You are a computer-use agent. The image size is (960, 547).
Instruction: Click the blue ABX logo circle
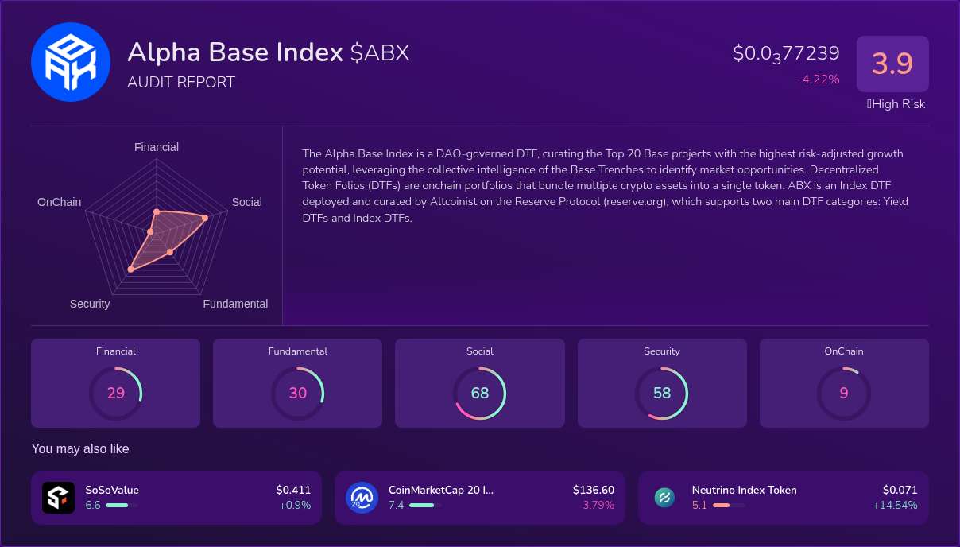(70, 62)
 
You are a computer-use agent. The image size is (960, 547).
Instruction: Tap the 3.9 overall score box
(892, 64)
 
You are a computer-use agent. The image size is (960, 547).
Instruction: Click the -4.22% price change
(818, 79)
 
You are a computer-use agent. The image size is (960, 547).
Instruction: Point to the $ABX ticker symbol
(380, 52)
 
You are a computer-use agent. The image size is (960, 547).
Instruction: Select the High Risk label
(896, 104)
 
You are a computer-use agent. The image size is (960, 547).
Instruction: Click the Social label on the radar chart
(246, 202)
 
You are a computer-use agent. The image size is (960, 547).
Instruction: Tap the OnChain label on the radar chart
(59, 202)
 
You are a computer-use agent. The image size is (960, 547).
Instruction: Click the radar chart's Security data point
(131, 270)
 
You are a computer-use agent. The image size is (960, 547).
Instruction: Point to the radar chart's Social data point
(205, 218)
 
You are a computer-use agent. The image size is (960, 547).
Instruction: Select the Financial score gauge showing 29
(115, 393)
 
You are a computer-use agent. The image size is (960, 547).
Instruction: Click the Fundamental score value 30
(297, 393)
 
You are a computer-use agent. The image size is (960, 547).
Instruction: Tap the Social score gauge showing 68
(479, 393)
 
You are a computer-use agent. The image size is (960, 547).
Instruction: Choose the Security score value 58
(662, 393)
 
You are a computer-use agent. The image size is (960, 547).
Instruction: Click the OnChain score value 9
(844, 393)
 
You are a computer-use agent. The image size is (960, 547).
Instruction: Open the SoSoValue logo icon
(58, 498)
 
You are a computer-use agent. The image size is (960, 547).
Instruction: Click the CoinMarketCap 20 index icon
(362, 498)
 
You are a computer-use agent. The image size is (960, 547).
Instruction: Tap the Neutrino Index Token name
(744, 490)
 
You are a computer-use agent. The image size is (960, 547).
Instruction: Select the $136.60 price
(593, 490)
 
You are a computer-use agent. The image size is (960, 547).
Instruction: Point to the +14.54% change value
(895, 505)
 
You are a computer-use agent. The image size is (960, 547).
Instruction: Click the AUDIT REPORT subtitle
(181, 82)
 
